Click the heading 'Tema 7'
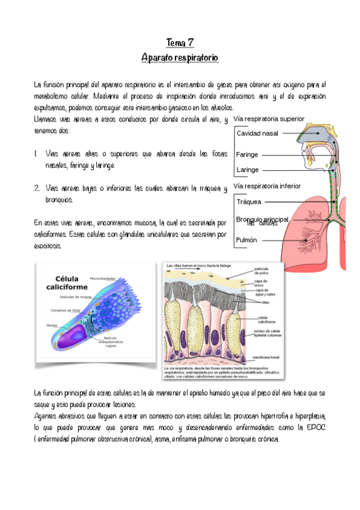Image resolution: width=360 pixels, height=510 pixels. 180,43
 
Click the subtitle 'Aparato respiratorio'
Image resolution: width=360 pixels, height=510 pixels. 180,58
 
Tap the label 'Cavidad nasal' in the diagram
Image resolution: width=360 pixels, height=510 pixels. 257,133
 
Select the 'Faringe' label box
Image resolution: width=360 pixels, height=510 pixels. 247,155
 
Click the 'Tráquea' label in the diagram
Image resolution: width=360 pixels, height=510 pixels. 249,202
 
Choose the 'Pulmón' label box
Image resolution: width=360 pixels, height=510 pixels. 247,240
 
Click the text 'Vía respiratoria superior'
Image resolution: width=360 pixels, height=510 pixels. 269,118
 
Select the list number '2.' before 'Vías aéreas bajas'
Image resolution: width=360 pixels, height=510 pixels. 37,189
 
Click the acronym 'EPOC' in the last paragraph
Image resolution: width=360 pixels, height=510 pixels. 314,427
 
